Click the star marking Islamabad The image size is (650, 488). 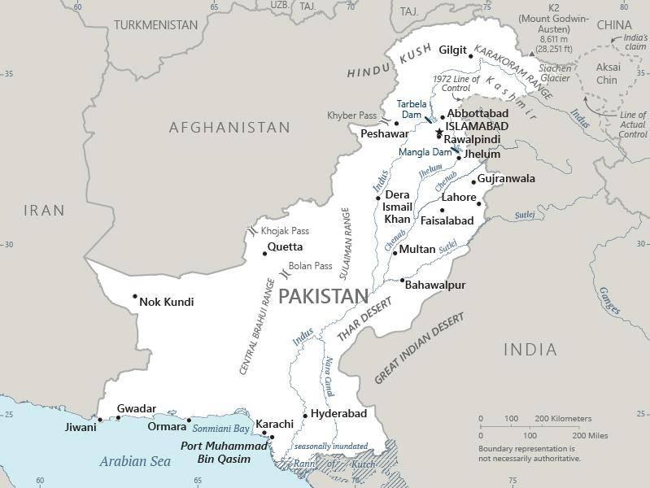point(439,133)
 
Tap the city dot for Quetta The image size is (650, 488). point(265,254)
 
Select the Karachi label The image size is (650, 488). point(273,424)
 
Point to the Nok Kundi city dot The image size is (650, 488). point(135,296)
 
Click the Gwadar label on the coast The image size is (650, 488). point(136,408)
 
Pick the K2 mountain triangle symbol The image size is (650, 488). point(532,53)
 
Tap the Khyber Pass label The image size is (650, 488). point(352,115)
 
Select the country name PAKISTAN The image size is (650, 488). point(323,296)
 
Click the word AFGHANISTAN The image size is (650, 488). point(229,128)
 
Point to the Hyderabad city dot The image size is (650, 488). point(305,416)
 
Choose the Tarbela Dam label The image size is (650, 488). point(410,109)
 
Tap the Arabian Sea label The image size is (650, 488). point(136,461)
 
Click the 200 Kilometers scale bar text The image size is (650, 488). point(562,419)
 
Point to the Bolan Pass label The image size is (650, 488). point(310,266)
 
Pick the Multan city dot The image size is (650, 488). point(395,253)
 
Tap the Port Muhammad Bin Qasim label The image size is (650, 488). point(223,453)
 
